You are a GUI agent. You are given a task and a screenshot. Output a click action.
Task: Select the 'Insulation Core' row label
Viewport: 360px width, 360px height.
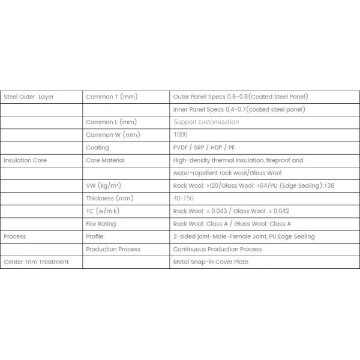25,160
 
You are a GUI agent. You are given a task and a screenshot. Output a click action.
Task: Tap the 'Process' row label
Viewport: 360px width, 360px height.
15,236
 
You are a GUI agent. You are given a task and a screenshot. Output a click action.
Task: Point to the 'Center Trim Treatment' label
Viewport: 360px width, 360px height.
36,262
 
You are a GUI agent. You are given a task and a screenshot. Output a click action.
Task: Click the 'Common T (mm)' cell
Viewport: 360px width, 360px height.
113,97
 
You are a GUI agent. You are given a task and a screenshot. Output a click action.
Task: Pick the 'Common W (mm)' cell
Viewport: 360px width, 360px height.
113,135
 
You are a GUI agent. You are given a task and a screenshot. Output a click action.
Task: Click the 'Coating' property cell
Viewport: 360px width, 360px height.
98,148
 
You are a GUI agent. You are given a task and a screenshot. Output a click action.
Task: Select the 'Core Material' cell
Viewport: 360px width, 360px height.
106,160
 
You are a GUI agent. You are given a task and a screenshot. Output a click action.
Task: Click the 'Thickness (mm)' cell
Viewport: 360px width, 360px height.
109,198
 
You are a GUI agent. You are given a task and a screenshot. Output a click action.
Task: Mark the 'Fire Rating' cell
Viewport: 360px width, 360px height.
101,224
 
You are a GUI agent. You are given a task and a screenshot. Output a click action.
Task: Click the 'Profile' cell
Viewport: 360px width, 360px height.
95,236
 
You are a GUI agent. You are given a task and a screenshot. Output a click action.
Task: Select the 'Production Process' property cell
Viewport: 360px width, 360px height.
113,249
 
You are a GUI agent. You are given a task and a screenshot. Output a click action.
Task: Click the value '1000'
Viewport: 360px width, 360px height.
180,135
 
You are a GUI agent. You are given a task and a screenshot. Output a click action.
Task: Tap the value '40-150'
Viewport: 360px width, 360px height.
183,198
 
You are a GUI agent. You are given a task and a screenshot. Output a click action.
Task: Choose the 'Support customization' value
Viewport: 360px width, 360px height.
206,122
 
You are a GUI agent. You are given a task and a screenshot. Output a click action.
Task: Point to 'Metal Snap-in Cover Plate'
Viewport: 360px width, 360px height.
211,262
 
